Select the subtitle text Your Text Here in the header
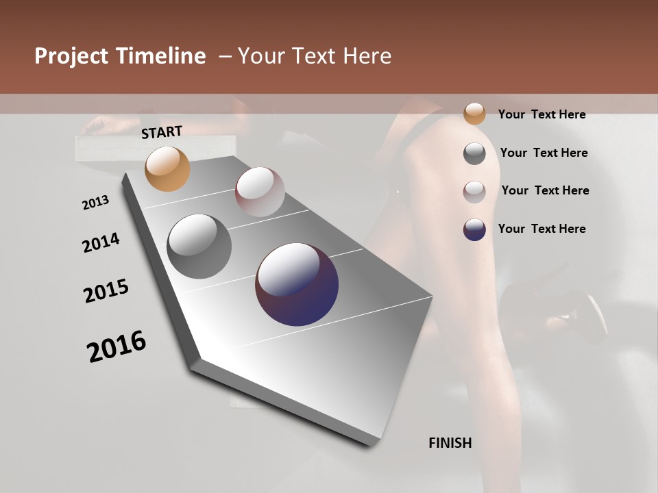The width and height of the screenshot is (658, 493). [315, 56]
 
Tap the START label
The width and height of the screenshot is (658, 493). [162, 132]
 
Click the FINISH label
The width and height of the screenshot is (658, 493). [450, 443]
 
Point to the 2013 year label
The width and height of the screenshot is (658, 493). [95, 203]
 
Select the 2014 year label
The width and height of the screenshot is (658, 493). [101, 243]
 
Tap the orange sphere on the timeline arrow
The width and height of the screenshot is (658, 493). [167, 168]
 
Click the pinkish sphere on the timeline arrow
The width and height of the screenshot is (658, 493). [260, 192]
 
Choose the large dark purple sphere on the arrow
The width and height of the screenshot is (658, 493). [297, 284]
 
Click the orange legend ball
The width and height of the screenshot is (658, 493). [474, 114]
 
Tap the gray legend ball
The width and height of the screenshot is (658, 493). [474, 153]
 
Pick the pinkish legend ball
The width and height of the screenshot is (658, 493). [474, 192]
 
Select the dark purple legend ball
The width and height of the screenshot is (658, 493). [474, 229]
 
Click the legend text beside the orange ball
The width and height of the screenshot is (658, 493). [541, 114]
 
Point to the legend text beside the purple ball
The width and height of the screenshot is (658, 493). [541, 229]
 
